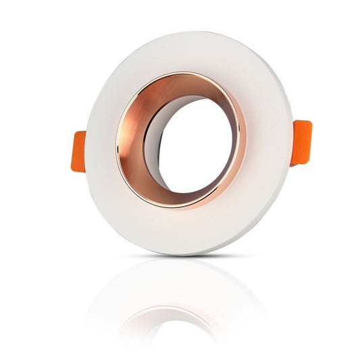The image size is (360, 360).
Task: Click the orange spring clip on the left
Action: (78, 151)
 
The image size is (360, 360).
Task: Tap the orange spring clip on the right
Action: (301, 142)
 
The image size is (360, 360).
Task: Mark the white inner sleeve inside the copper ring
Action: (153, 149)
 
